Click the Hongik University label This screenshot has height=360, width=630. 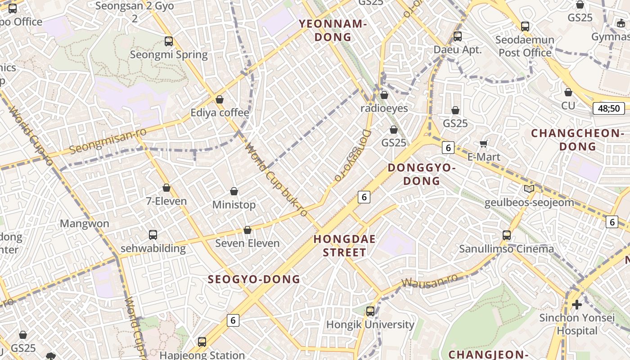coord(370,324)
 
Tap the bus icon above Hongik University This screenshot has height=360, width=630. coord(370,311)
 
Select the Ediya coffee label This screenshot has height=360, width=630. coord(220,112)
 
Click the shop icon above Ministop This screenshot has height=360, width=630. coord(234,191)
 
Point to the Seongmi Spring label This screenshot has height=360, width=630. coord(169,55)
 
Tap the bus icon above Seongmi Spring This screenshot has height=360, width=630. coord(169,41)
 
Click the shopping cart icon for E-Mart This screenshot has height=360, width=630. coord(484,144)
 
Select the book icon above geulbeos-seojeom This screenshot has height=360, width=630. coord(529,189)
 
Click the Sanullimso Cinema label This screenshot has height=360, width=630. coord(506,249)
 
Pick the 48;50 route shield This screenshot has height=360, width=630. coord(608,108)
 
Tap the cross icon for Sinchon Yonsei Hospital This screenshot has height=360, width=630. coord(577,305)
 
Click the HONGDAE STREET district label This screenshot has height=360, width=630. coord(345,246)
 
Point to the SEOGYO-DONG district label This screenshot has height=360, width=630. coord(254,279)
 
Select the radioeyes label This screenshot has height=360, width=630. coord(384,108)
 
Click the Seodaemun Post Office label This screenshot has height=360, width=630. coord(525,46)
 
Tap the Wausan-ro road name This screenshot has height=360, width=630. coord(430,281)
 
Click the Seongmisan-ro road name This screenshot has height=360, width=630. coord(108,140)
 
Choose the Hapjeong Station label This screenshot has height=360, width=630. coord(202,355)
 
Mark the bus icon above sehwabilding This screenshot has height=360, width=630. coord(153,235)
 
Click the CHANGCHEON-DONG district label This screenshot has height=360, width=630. coord(577,139)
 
